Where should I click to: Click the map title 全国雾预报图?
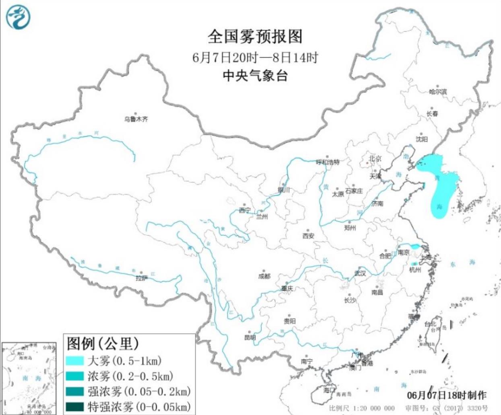(255, 37)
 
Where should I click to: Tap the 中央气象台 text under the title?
(255, 75)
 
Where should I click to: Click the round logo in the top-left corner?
(18, 17)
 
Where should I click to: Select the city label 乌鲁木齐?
(136, 119)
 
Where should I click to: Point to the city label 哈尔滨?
(437, 92)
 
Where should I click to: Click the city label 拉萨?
(141, 278)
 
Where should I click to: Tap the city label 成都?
(264, 276)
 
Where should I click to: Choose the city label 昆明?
(250, 337)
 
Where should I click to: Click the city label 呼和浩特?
(328, 162)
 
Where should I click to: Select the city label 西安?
(309, 236)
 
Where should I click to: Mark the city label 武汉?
(360, 273)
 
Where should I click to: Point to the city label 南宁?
(307, 362)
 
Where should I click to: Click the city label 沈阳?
(422, 139)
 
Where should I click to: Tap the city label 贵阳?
(289, 321)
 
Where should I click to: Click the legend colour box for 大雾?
(75, 360)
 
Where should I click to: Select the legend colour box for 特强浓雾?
(75, 407)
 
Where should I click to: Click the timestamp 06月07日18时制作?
(446, 395)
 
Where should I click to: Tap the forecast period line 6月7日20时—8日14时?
(255, 58)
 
